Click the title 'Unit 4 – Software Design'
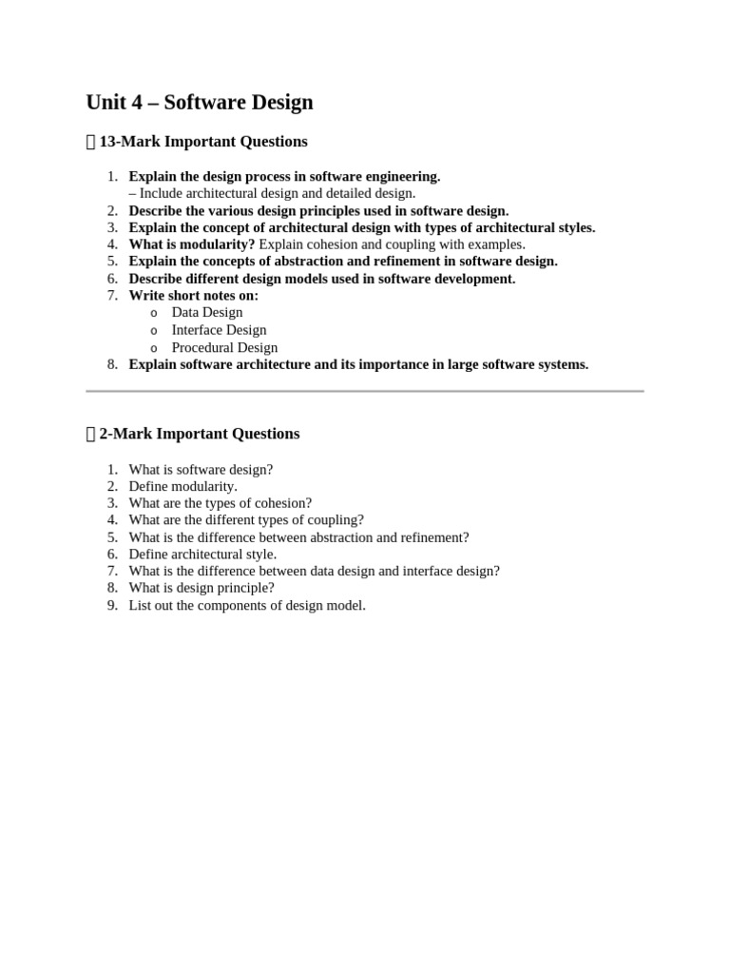coord(200,103)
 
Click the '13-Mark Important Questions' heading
coord(203,142)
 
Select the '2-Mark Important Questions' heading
coord(200,434)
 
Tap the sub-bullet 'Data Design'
coord(206,312)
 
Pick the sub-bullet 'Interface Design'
coord(219,330)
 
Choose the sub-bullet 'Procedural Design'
coord(224,347)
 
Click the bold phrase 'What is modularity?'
coord(192,244)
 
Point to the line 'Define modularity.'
coord(182,486)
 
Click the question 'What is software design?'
coord(201,469)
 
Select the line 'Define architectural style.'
coord(202,554)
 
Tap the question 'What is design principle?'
coord(202,588)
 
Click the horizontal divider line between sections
coord(365,391)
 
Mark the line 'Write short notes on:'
coord(193,296)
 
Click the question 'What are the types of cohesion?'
coord(220,503)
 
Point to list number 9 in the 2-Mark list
coord(112,605)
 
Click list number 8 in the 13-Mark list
coord(112,364)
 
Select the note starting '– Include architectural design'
coord(272,193)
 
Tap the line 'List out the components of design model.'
coord(247,605)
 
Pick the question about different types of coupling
coord(246,520)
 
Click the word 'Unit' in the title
coord(106,103)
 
